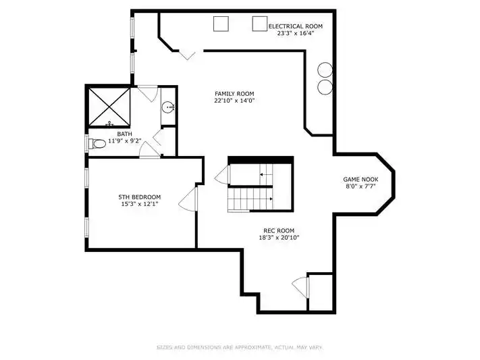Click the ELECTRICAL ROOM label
(296, 26)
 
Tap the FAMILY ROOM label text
(234, 94)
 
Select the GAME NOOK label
(361, 180)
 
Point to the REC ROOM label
(279, 231)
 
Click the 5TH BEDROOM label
(140, 197)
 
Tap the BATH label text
(125, 134)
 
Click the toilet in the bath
(97, 143)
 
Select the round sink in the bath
(168, 107)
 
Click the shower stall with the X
(109, 107)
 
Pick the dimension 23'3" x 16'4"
(296, 33)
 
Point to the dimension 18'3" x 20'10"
(279, 238)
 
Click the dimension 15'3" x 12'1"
(140, 204)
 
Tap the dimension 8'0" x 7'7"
(361, 186)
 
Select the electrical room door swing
(187, 55)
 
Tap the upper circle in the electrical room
(325, 70)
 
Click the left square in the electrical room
(221, 24)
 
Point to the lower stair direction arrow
(271, 199)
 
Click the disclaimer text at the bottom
(240, 347)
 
